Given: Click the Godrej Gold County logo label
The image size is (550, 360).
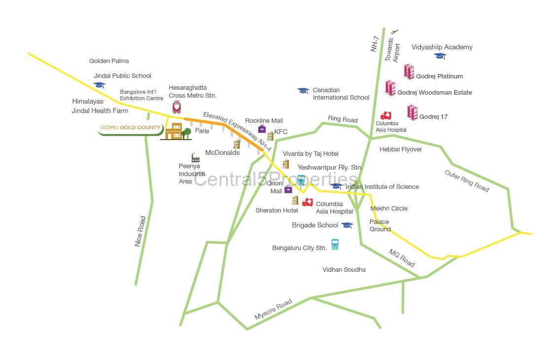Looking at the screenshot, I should pos(130,128).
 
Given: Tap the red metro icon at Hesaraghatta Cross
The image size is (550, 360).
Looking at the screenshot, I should pos(176,107).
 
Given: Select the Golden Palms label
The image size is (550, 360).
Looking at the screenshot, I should pos(109,61).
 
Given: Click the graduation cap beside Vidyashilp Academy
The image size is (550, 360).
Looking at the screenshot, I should pos(440,56).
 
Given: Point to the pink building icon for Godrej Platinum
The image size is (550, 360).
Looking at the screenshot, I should pos(409,72).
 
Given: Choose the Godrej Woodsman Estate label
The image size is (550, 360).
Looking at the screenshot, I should pos(434,93).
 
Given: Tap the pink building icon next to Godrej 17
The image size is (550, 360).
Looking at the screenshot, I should pos(412,112).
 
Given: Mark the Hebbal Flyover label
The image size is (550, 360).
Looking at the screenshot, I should pos(401,149).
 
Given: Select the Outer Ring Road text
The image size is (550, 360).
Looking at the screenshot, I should pos(467,181).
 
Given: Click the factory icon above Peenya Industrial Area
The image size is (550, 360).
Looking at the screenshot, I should pos(195,158).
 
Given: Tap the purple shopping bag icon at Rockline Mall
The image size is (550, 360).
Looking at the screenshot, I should pos(262,129).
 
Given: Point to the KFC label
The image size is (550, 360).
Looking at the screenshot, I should pos(281,132).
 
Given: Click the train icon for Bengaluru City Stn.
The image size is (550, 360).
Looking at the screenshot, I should pos(335,244).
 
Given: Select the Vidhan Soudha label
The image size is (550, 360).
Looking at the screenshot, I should pos(344,270).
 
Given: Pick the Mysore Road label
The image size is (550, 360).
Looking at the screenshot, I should pos(274,309).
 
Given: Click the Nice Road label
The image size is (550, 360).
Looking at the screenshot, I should pos(140,231).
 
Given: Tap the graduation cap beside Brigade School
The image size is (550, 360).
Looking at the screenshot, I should pos(347,225).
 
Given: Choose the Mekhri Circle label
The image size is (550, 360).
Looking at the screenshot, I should pos(389,209).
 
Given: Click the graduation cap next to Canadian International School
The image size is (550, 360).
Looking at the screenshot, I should pos(303,91).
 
